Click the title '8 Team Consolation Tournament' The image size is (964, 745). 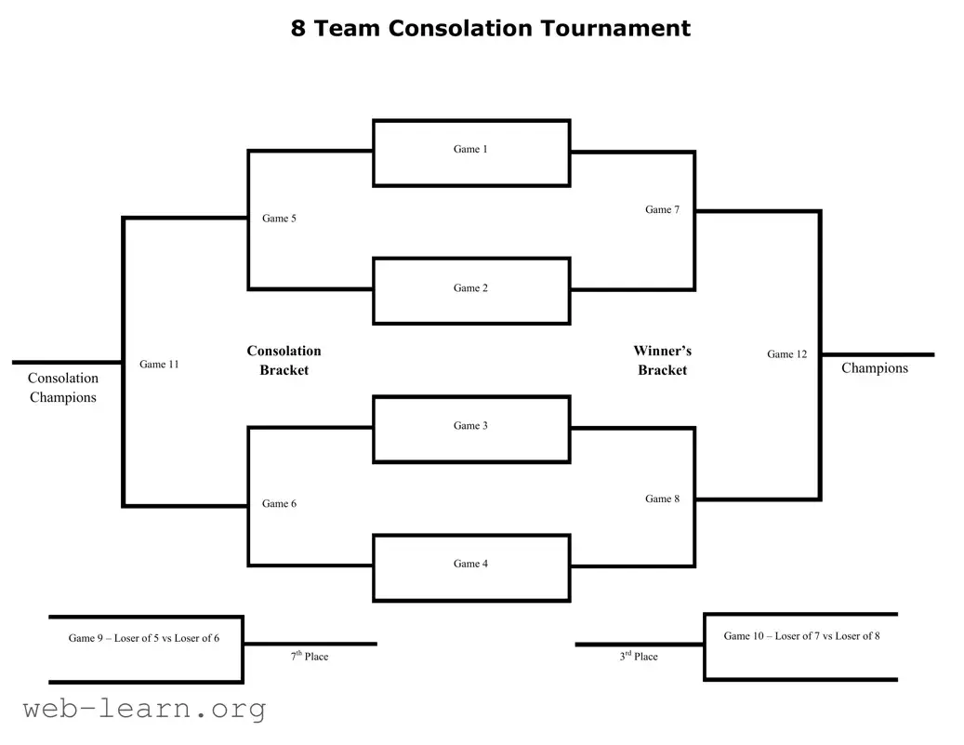(x=490, y=28)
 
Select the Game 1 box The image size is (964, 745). (x=470, y=153)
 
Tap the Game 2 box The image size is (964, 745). (x=470, y=290)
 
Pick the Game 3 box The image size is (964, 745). (x=470, y=429)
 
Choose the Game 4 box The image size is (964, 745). (x=470, y=566)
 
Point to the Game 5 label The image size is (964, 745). (x=279, y=219)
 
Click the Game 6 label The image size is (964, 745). (x=279, y=504)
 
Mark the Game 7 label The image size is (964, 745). (x=662, y=210)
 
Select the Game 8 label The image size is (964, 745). (x=662, y=499)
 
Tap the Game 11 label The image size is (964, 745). (x=159, y=365)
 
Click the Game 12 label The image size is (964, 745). (x=786, y=354)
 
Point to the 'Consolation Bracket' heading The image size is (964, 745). (x=284, y=361)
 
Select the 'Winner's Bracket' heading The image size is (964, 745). (x=662, y=361)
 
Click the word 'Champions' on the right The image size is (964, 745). (x=874, y=368)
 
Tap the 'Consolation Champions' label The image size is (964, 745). (x=62, y=388)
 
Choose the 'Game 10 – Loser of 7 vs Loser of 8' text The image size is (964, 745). (x=801, y=636)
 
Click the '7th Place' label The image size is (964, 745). (x=310, y=657)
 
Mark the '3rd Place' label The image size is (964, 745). (x=639, y=657)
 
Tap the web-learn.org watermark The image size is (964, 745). (x=144, y=710)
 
